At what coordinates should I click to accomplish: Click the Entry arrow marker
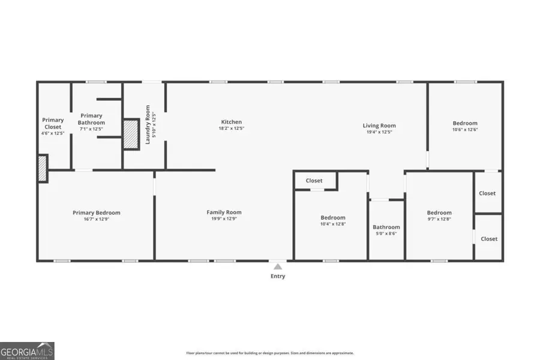(277, 266)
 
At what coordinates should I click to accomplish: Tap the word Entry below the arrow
(278, 276)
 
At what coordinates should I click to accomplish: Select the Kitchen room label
(231, 122)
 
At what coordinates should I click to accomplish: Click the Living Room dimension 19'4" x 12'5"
(379, 132)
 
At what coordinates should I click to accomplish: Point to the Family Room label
(224, 212)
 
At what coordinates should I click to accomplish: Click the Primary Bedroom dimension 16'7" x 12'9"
(96, 219)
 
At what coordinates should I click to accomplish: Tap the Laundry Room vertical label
(148, 124)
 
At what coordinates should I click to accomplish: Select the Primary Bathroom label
(91, 119)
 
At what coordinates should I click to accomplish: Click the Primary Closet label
(53, 123)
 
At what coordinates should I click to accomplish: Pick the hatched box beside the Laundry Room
(131, 133)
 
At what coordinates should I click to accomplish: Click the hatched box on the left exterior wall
(43, 168)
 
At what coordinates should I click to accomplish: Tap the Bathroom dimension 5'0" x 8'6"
(386, 233)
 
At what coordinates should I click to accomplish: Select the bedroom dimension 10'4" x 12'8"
(332, 224)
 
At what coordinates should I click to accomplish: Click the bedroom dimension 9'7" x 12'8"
(439, 219)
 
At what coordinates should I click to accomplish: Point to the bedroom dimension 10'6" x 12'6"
(465, 130)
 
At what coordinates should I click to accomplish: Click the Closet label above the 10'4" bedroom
(314, 181)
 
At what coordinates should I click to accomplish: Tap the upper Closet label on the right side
(487, 193)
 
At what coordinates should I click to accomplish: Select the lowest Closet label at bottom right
(489, 239)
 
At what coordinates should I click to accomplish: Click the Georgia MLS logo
(28, 350)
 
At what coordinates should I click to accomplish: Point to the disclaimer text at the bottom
(270, 353)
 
